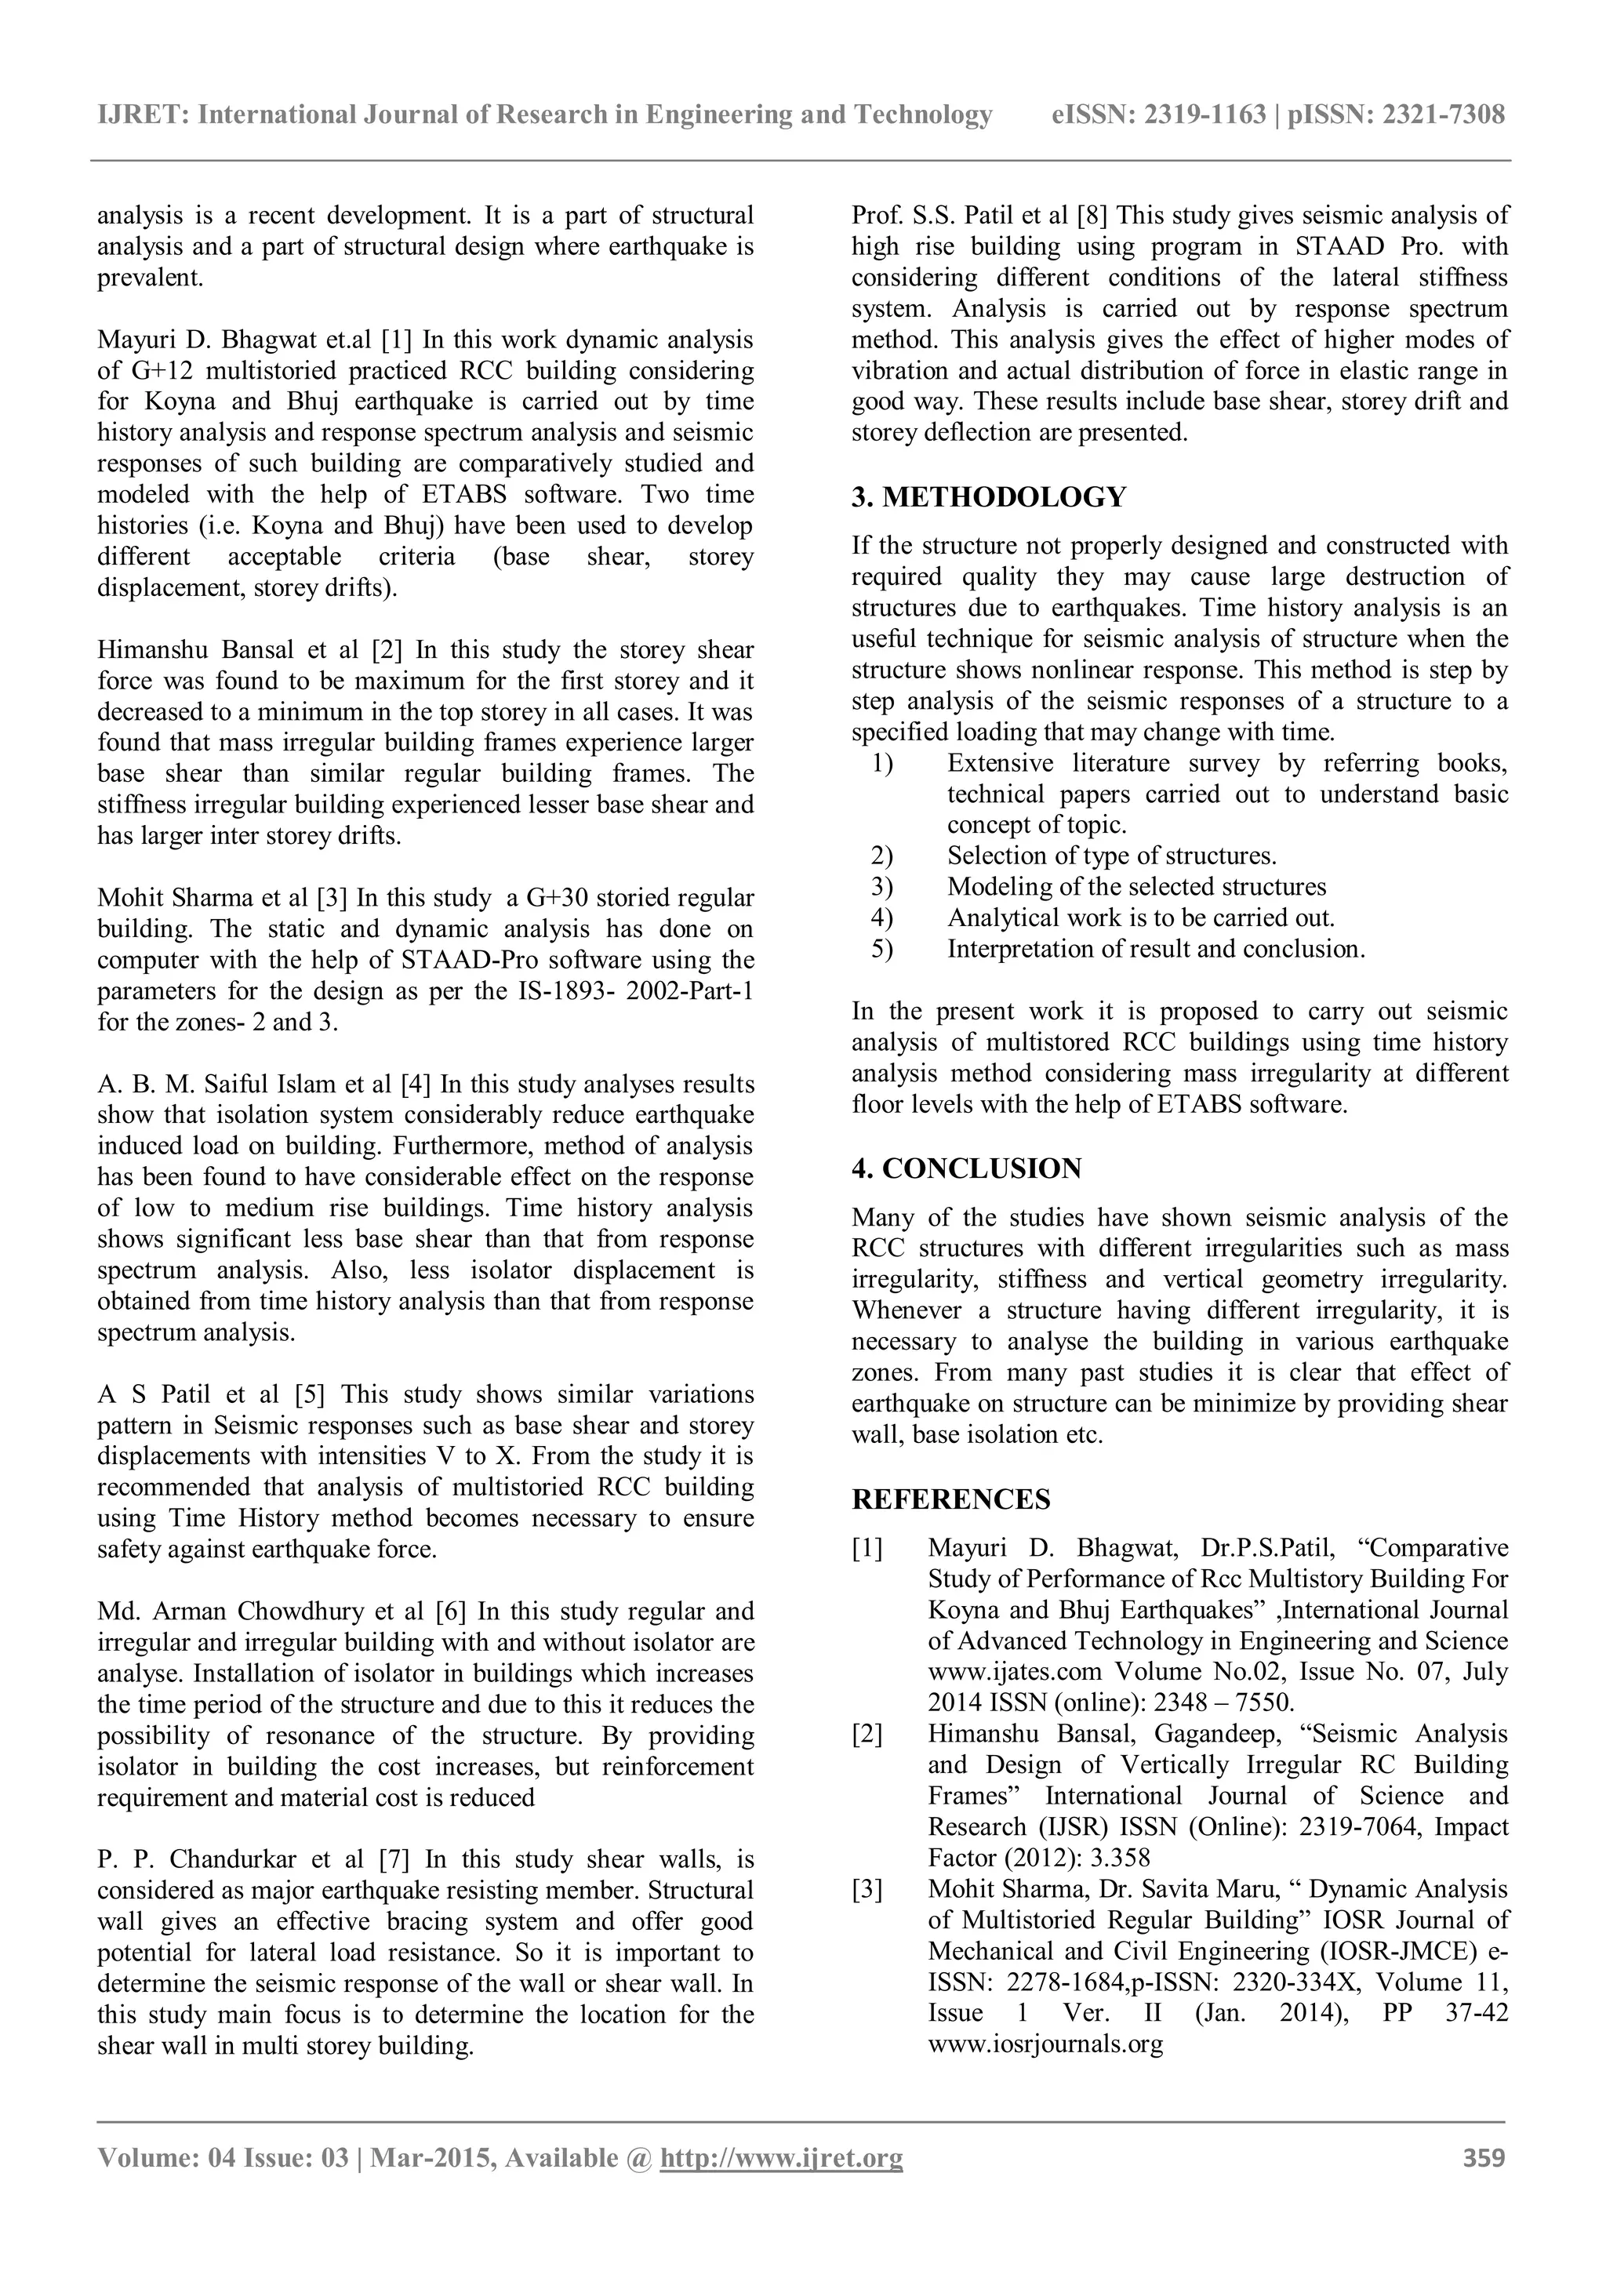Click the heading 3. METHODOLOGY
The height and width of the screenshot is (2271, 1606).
tap(988, 496)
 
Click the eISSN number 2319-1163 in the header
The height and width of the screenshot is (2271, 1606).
tap(1204, 116)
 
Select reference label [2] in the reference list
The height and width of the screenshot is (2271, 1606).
tap(867, 1734)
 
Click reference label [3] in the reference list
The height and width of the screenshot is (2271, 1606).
tap(867, 1889)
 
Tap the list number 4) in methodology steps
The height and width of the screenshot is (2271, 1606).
tap(882, 918)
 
